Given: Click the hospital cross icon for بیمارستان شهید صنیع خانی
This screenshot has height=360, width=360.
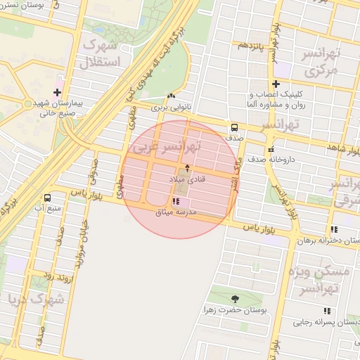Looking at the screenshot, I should (x=57, y=93).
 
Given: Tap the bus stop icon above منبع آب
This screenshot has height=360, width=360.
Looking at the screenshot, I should (x=47, y=198).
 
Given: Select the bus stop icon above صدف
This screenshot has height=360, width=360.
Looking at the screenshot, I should (x=233, y=127).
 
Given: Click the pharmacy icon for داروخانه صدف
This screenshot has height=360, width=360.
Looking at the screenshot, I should (x=270, y=149).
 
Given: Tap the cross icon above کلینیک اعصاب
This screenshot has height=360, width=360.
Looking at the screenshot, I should (x=276, y=84).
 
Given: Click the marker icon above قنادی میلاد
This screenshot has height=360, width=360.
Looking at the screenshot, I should (x=187, y=168).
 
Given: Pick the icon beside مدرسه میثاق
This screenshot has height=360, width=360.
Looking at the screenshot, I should (x=175, y=202).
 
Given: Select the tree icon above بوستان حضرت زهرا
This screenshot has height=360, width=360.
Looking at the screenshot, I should (x=235, y=298).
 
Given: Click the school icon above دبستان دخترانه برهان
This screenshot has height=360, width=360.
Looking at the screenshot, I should (x=334, y=229).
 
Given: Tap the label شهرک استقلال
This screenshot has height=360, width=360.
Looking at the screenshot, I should (x=103, y=53).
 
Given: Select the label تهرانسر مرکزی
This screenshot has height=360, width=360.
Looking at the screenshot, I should (x=320, y=63).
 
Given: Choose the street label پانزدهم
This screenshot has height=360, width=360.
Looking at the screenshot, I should (x=250, y=46).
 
